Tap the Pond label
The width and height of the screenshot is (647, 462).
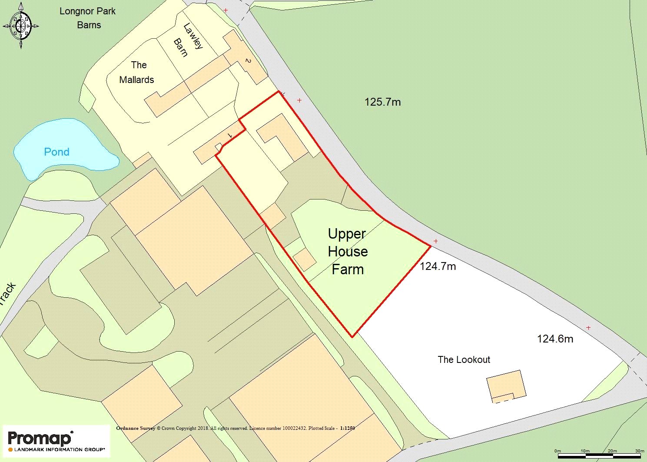tap(56, 152)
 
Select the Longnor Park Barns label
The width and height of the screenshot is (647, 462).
tap(88, 18)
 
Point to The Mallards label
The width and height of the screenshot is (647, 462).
tap(137, 72)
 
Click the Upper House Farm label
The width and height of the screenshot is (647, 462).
tap(348, 252)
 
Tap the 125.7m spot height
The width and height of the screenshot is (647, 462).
tap(382, 102)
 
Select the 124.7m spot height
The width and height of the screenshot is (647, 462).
tap(438, 266)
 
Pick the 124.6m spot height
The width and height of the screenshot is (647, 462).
tap(555, 339)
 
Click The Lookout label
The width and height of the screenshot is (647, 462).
tap(464, 359)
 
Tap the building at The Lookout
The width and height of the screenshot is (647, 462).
tap(506, 385)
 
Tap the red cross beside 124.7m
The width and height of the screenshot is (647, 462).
tap(435, 241)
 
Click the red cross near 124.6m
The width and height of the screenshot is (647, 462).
tap(588, 328)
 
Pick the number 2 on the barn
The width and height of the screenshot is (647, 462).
tap(248, 61)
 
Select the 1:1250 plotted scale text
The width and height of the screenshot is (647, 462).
tap(347, 428)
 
